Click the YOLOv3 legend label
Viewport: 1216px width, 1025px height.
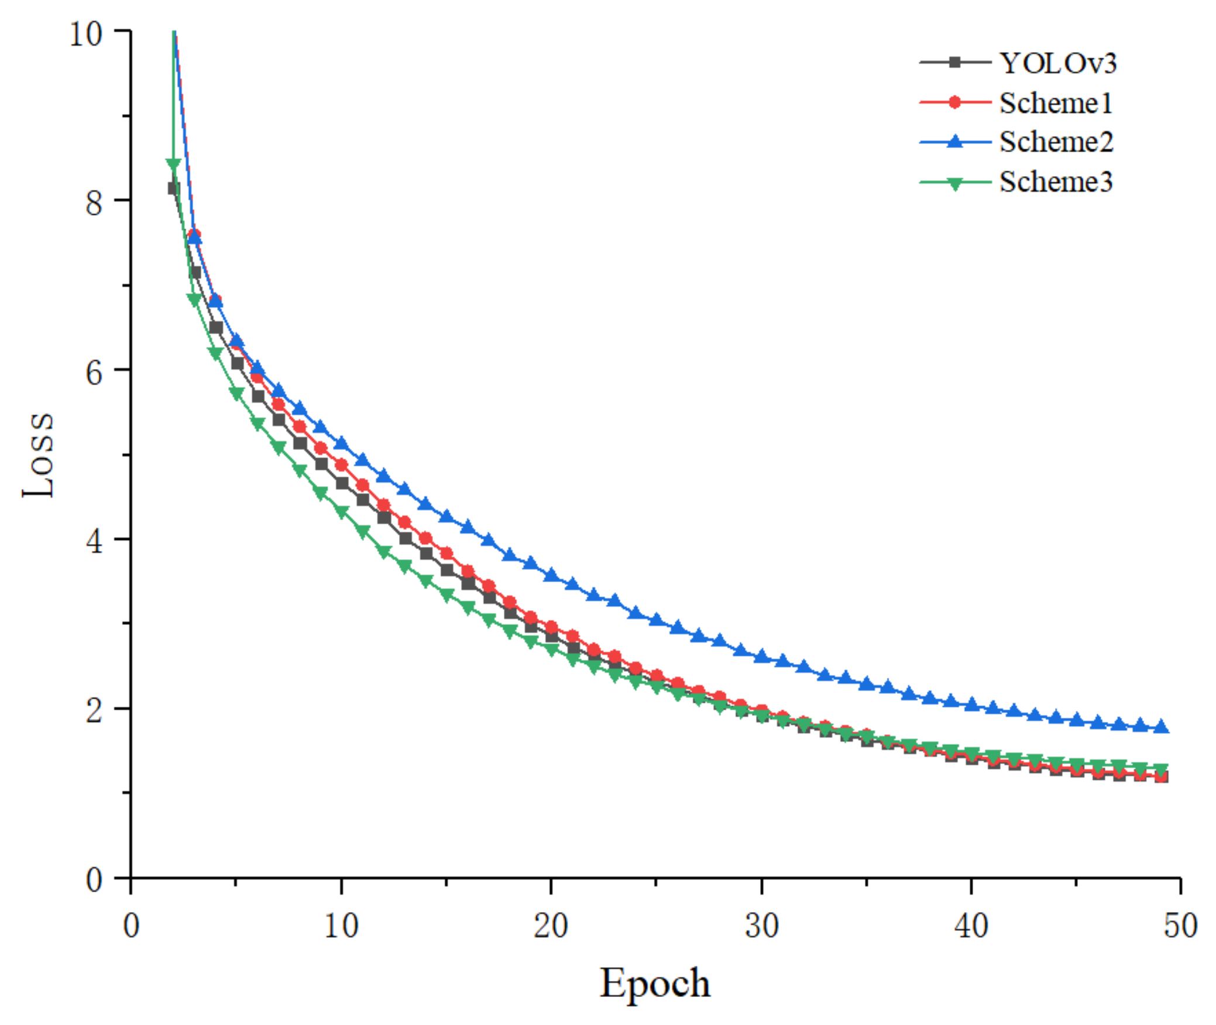tap(1057, 63)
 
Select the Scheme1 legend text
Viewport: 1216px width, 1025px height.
tap(1055, 104)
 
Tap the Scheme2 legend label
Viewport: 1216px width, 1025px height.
tap(1056, 142)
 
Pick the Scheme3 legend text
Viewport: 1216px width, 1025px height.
tap(1055, 182)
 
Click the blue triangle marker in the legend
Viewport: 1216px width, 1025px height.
tap(954, 142)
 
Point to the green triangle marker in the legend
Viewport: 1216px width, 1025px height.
tap(954, 183)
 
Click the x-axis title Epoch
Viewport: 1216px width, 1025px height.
tap(654, 983)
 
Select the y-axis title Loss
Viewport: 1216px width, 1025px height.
tap(38, 455)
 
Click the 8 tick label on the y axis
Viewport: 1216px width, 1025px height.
tap(94, 202)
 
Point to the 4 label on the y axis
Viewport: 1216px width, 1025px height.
tap(94, 541)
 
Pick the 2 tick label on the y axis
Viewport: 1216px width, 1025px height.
tap(94, 710)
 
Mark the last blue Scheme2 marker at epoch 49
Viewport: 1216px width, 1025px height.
tap(1160, 727)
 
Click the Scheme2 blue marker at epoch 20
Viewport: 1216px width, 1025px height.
tap(551, 575)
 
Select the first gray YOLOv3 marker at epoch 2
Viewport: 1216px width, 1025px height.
tap(173, 188)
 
